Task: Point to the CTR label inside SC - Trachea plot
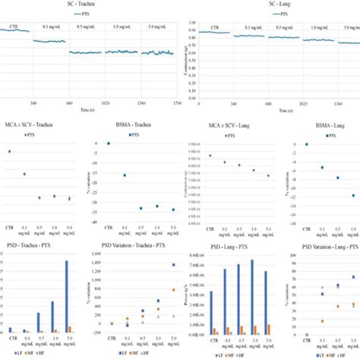coord(14,27)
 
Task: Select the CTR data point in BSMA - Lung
coord(306,144)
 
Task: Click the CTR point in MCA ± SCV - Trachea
coord(10,151)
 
